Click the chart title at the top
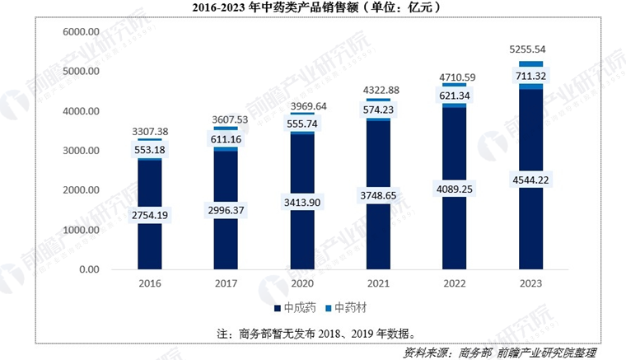click(x=312, y=9)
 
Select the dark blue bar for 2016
click(x=149, y=247)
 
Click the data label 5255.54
click(x=530, y=50)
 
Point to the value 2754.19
click(x=149, y=215)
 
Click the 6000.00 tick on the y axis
click(x=81, y=31)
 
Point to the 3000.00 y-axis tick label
click(x=81, y=151)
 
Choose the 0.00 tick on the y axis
click(x=86, y=269)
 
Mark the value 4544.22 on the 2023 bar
click(x=530, y=179)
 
